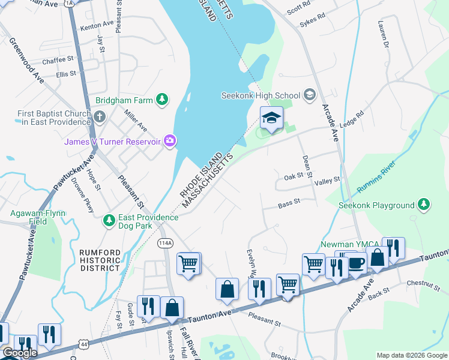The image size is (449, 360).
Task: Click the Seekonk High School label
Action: [x=261, y=95]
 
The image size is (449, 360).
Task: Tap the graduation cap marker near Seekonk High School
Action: [x=271, y=118]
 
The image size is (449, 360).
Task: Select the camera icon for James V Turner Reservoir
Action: [x=170, y=141]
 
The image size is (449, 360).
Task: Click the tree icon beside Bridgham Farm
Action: [x=161, y=99]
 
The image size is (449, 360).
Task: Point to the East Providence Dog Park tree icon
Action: [x=109, y=221]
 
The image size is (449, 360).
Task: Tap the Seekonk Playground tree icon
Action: [x=424, y=205]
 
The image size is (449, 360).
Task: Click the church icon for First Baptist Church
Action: [x=100, y=116]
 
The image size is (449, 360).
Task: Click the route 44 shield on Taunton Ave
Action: [x=83, y=343]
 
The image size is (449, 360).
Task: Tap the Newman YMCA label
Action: [x=346, y=245]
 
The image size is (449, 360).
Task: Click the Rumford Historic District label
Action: [x=100, y=260]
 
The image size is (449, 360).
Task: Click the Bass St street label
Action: [x=289, y=205]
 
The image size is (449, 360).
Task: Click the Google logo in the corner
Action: [x=19, y=353]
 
